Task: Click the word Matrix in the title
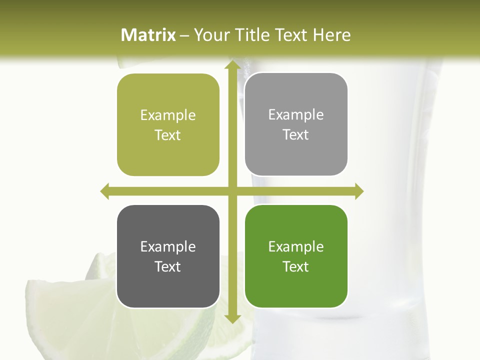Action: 148,35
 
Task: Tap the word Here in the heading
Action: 331,35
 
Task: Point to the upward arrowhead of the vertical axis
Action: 232,66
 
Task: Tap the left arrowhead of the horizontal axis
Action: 105,191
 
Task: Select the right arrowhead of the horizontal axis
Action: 359,191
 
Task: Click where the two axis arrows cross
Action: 232,191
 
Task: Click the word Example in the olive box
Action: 168,115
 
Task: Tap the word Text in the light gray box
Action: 296,135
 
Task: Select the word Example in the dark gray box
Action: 168,247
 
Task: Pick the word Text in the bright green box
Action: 296,266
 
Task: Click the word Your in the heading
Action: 210,35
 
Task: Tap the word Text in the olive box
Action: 168,135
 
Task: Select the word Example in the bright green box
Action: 296,247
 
